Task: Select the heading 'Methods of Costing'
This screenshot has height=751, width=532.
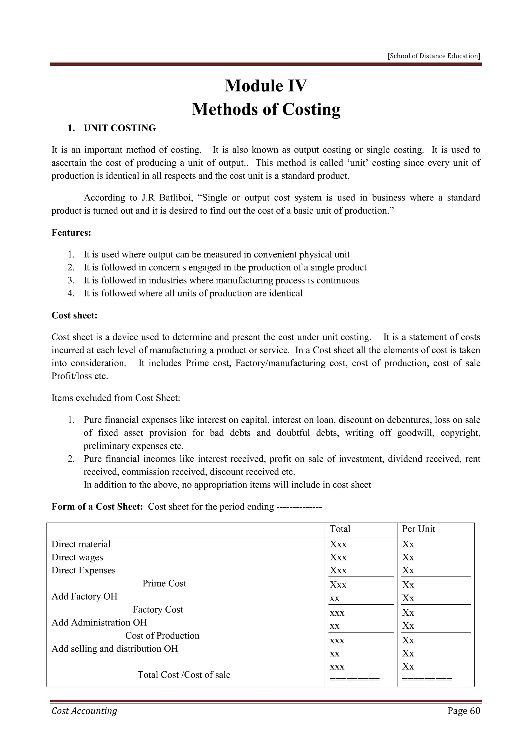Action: point(266,109)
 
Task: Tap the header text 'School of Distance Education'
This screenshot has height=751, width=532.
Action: point(434,56)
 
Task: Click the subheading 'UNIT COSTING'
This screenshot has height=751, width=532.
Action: point(120,128)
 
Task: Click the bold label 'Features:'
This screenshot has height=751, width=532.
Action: point(71,233)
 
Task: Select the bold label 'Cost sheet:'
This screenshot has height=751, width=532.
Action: point(75,316)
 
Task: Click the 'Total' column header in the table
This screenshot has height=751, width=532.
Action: point(340,529)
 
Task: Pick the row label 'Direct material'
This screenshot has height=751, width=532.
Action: point(81,544)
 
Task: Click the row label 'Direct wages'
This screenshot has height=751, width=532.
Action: point(77,557)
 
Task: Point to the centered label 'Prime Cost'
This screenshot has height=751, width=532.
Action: point(164,583)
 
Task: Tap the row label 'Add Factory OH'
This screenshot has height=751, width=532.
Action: point(84,597)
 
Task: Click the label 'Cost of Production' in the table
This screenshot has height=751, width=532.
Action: point(162,636)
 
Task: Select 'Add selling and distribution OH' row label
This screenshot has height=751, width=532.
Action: point(115,649)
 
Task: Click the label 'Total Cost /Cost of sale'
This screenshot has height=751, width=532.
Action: point(184,675)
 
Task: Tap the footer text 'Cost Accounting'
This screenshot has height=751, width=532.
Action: point(84,711)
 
